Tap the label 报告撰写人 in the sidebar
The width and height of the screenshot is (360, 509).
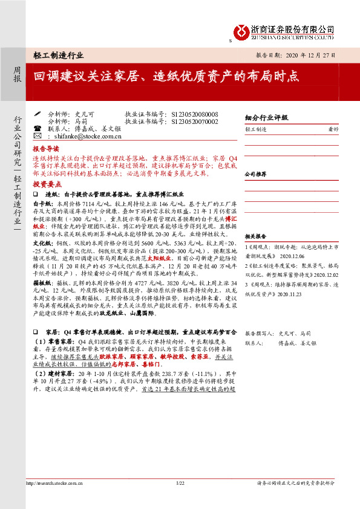tap(258, 333)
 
